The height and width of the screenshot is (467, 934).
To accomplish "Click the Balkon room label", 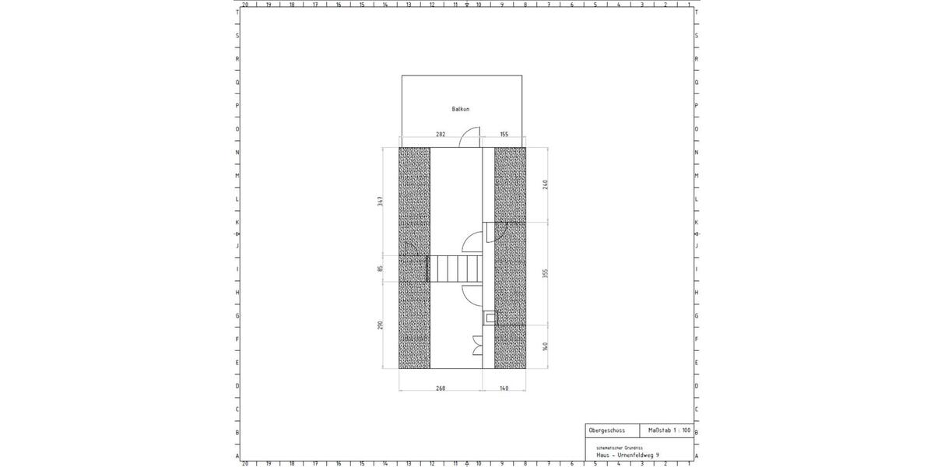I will [x=461, y=109].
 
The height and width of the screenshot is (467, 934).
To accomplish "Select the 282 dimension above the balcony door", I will [x=441, y=135].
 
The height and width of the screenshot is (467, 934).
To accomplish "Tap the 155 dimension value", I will [x=504, y=135].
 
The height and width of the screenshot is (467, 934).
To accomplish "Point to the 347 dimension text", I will [x=381, y=201].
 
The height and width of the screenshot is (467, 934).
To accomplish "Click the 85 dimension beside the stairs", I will [x=381, y=269].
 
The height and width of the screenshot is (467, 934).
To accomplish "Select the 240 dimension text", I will [x=546, y=184].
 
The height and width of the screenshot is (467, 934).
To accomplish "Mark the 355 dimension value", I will [x=546, y=273].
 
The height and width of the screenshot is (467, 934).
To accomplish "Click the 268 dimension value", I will [x=440, y=388].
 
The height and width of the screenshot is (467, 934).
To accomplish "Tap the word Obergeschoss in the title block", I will [x=607, y=430].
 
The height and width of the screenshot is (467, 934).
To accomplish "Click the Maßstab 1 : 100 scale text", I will [x=669, y=430].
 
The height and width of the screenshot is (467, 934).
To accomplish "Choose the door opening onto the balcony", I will [x=469, y=138].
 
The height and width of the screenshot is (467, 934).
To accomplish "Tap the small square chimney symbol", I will [x=489, y=317].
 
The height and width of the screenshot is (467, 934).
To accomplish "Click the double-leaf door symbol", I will [x=476, y=345].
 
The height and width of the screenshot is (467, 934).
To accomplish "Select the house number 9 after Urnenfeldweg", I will [x=658, y=455].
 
